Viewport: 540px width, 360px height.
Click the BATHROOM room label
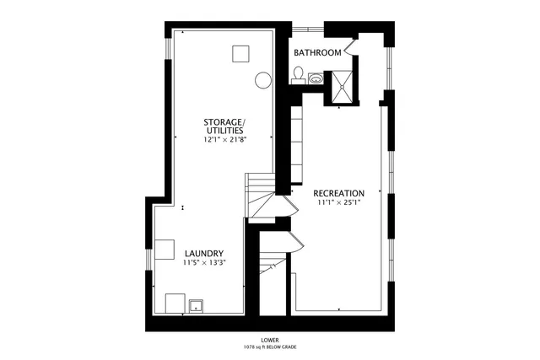tap(317, 52)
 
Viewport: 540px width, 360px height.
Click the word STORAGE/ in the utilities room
tap(224, 123)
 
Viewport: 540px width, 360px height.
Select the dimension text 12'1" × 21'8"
tap(224, 140)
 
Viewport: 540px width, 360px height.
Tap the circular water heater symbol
tap(263, 81)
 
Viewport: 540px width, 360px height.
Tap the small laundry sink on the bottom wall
tap(196, 304)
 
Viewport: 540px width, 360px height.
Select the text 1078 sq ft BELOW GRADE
tap(270, 347)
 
